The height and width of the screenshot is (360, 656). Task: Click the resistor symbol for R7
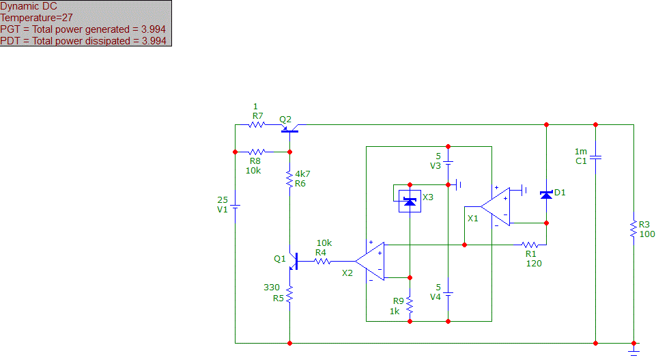point(257,125)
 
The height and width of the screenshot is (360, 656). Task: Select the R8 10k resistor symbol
point(257,152)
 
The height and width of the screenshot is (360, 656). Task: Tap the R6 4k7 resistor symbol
point(289,179)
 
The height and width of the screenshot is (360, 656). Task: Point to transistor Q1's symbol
point(294,261)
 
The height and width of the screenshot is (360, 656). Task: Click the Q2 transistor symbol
point(289,128)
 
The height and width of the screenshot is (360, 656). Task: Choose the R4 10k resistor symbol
point(322,261)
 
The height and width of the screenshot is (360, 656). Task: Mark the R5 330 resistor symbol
point(289,294)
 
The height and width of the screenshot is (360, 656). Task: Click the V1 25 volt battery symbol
point(235,206)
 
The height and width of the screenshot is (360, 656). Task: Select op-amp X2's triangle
point(370,261)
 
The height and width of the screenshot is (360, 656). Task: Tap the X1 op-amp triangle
point(496,207)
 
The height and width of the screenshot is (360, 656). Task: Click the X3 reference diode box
point(410,202)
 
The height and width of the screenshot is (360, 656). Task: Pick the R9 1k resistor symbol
point(410,305)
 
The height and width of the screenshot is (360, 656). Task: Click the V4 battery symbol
point(448,294)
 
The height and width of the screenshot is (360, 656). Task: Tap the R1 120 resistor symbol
point(530,245)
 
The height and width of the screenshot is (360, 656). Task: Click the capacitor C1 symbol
point(595,157)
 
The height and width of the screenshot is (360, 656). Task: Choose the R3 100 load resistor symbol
point(634,229)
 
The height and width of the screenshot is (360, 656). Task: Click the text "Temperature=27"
point(36,18)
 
